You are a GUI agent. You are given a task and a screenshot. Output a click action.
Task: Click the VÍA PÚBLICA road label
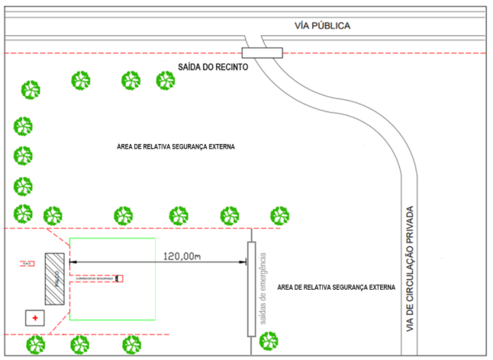[x=322, y=26]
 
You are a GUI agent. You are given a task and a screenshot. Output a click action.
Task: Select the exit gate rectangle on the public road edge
[x=262, y=53]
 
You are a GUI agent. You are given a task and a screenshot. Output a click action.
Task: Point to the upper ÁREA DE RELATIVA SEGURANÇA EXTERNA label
[x=176, y=146]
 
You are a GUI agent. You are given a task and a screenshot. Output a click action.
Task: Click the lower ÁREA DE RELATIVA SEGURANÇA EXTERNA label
[x=337, y=287]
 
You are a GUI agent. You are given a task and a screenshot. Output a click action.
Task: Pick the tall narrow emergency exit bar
[x=250, y=289]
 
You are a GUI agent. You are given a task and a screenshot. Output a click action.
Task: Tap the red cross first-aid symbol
[x=35, y=317]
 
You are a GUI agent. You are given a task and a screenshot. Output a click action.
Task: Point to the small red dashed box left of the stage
[x=27, y=264]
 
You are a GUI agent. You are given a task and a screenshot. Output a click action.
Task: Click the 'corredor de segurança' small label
[x=95, y=279]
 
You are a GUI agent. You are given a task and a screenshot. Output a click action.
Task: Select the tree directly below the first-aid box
[x=35, y=345]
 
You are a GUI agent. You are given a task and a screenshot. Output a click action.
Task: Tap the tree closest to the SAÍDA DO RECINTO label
[x=166, y=80]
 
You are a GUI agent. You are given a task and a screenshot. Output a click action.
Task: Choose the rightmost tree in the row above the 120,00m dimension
[x=280, y=216]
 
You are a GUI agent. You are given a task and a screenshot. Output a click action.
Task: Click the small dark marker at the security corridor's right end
[x=118, y=279]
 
